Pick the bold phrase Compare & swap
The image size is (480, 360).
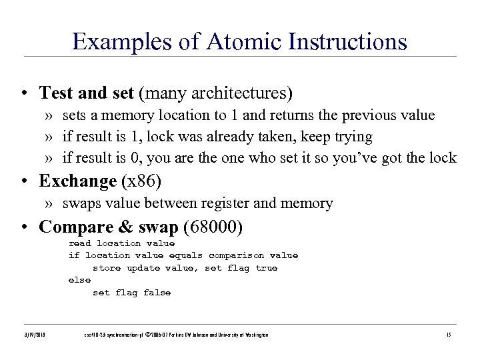click(108, 227)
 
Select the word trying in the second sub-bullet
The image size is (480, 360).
click(351, 137)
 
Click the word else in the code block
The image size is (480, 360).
click(79, 280)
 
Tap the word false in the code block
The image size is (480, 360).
click(157, 292)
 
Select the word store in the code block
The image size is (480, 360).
click(106, 268)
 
